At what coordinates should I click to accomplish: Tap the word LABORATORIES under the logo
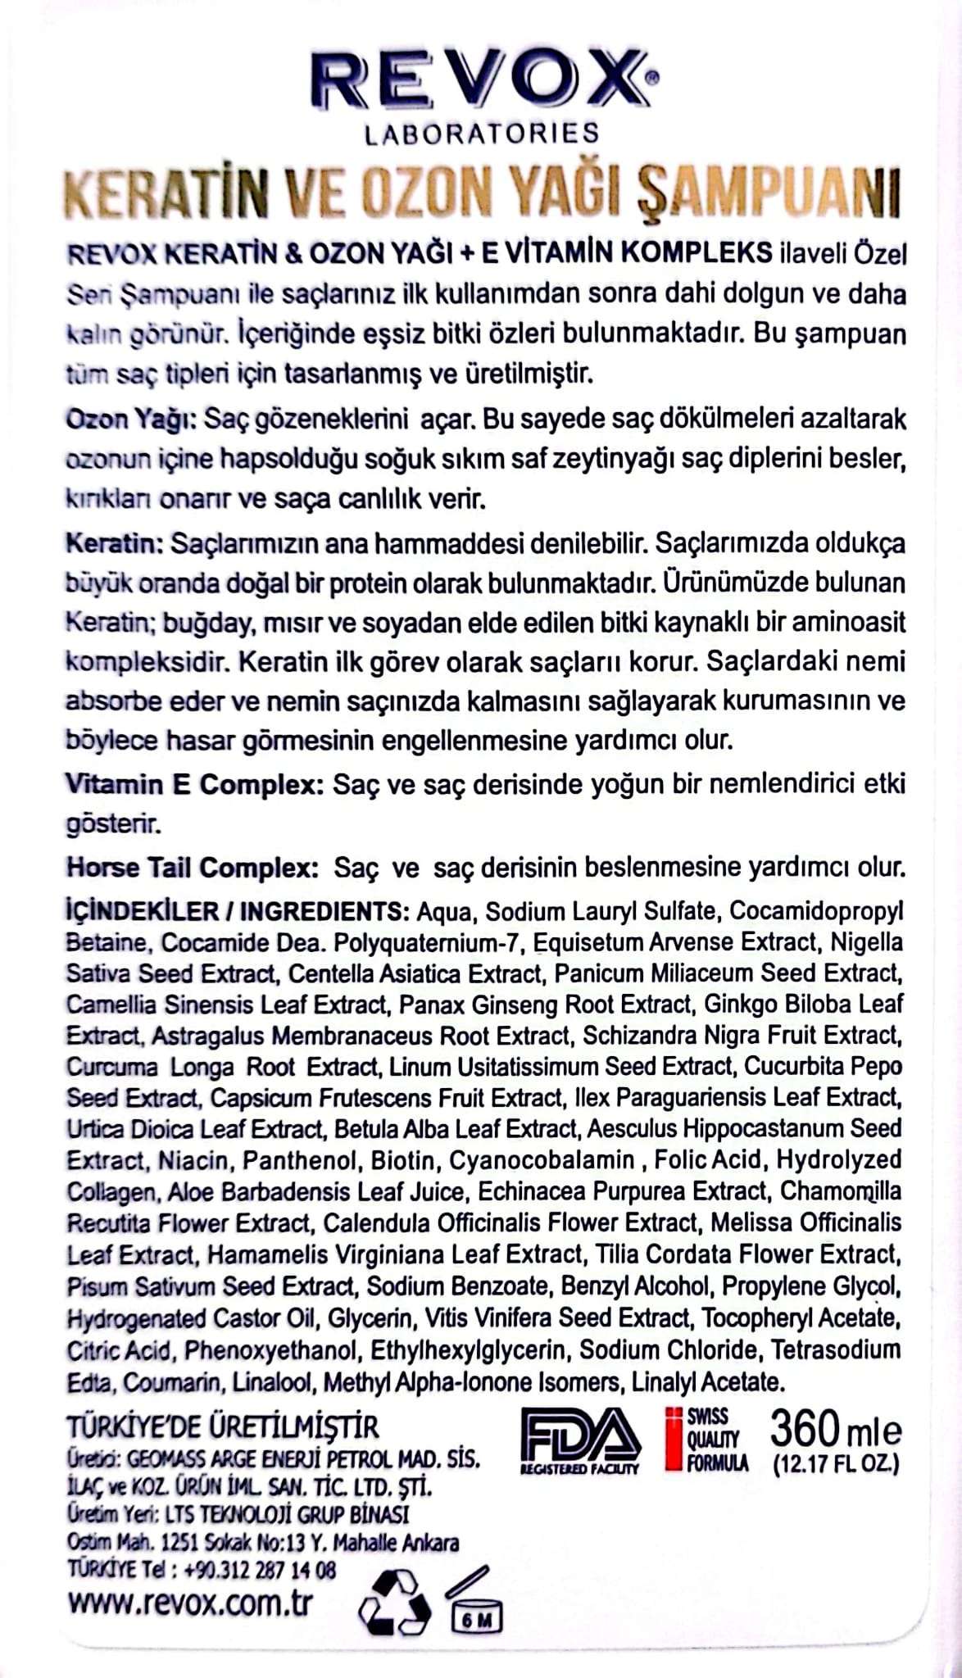[482, 134]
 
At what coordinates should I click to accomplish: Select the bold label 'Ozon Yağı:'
[129, 419]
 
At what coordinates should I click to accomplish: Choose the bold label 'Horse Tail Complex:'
[192, 867]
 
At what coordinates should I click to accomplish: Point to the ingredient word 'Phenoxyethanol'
[271, 1349]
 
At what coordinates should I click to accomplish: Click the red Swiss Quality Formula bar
[674, 1439]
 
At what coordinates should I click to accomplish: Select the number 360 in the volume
[805, 1431]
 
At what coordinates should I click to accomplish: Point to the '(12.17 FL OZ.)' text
[836, 1465]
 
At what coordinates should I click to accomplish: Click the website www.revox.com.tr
[190, 1601]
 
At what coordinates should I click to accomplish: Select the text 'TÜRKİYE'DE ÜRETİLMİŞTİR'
[223, 1426]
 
